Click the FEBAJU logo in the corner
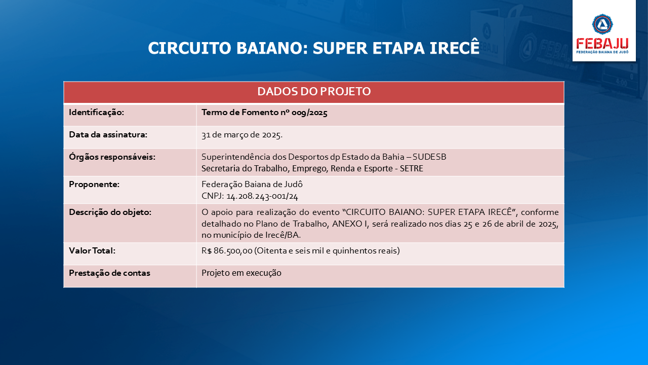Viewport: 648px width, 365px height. (x=604, y=30)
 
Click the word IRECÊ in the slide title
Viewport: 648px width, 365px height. (x=455, y=48)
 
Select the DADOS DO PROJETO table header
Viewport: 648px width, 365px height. (x=314, y=92)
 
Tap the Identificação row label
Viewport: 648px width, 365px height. (x=96, y=113)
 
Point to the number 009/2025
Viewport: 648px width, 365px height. (x=309, y=113)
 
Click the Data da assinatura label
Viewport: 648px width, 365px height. (x=108, y=135)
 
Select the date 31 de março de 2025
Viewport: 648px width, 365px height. (x=242, y=135)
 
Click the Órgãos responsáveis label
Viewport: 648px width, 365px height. (x=112, y=157)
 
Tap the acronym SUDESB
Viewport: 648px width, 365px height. (x=429, y=157)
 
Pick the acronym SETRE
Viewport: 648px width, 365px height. (x=412, y=168)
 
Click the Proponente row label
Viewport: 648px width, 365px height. (x=94, y=184)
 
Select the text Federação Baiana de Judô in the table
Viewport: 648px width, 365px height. (x=252, y=184)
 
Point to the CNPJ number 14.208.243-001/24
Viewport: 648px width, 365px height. (x=262, y=196)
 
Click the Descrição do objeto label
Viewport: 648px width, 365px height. (x=110, y=212)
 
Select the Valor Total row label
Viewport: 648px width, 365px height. (x=92, y=251)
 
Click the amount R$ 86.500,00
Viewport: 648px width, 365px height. (x=227, y=251)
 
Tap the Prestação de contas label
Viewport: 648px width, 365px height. (x=109, y=273)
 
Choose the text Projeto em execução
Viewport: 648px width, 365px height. (x=241, y=273)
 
